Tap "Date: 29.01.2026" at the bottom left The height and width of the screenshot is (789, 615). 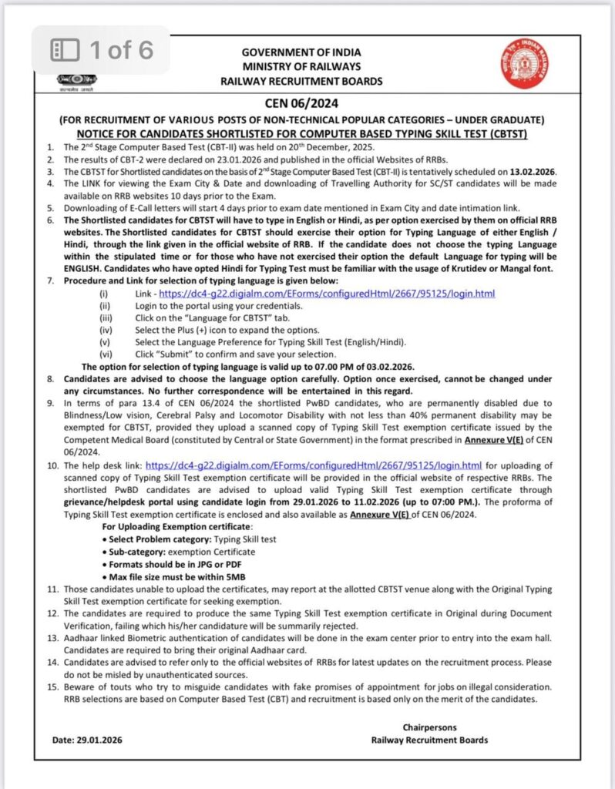point(87,740)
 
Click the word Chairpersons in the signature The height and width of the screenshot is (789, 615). point(429,727)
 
